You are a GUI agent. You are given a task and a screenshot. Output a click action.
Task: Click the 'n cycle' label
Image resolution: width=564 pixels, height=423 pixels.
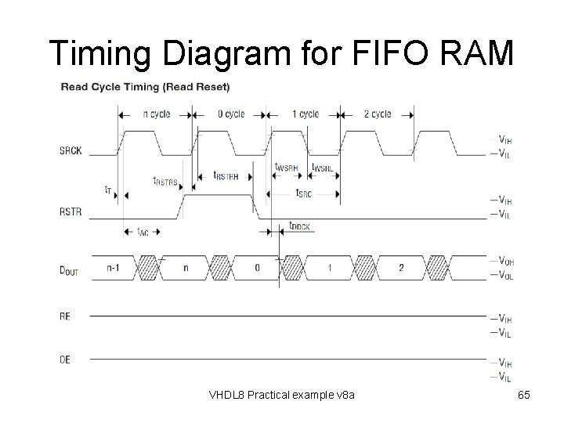pos(156,114)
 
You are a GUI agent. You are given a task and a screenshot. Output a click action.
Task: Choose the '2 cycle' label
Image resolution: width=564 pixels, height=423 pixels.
pos(378,114)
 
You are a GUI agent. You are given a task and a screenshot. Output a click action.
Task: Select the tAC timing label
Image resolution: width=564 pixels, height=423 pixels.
pos(143,232)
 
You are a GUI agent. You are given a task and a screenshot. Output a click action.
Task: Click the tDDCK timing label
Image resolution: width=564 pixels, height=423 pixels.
pos(299,226)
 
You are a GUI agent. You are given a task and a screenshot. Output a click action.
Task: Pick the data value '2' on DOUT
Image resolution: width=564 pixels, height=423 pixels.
pos(401,268)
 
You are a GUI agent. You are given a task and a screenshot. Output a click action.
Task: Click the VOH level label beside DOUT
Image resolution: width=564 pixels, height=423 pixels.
pos(507,261)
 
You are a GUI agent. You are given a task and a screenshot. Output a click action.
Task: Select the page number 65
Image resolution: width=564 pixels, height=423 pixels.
pos(524,396)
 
